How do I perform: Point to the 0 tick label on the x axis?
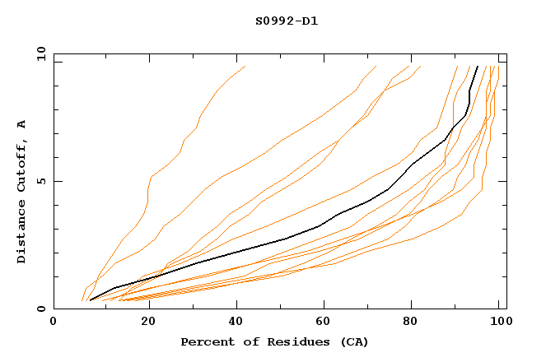(54, 323)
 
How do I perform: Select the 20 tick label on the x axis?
(142, 323)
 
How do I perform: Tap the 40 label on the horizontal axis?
(231, 323)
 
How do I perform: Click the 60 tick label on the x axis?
(320, 323)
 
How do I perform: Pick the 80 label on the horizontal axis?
(409, 323)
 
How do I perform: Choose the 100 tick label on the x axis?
(497, 323)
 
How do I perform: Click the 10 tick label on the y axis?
(40, 53)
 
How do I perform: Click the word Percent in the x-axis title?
(205, 341)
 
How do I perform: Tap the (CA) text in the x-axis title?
(356, 341)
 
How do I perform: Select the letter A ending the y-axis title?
(22, 123)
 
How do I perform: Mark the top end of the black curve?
(478, 67)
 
